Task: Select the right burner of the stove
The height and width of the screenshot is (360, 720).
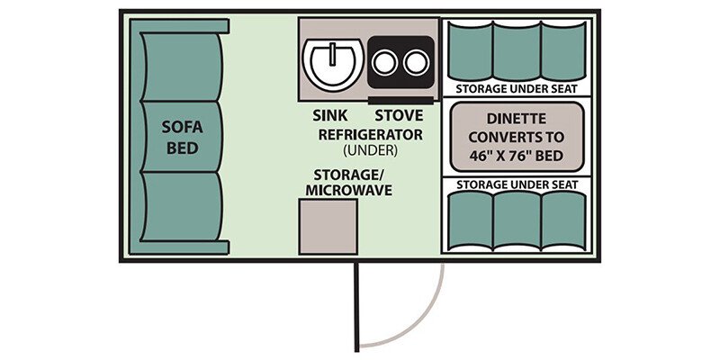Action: pos(414,63)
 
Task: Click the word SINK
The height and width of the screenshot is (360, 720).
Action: pos(328,115)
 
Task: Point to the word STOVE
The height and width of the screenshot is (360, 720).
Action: pos(398,115)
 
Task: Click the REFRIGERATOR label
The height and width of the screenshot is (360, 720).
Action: pos(370,134)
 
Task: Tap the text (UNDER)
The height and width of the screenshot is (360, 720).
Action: pos(370,151)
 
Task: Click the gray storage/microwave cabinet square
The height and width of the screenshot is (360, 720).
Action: pos(328,227)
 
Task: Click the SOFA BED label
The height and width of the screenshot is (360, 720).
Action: pos(180,136)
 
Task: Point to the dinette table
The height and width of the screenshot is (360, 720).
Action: pos(517,136)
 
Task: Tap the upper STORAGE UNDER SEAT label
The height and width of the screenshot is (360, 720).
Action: pos(517,89)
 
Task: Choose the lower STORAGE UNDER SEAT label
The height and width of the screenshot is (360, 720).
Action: pos(517,184)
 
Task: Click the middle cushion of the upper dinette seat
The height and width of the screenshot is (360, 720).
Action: pos(517,49)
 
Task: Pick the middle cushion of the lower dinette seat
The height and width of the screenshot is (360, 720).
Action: pos(517,221)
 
